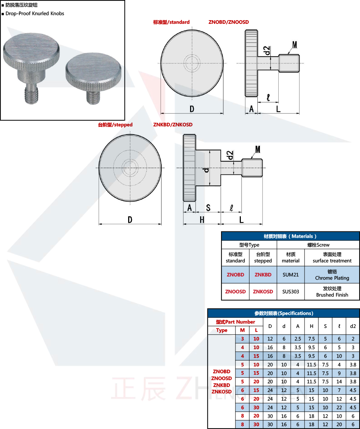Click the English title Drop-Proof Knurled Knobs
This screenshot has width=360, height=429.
pyautogui.click(x=35, y=13)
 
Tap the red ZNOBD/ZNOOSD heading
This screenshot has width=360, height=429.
pyautogui.click(x=229, y=22)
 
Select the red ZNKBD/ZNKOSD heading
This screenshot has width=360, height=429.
pyautogui.click(x=173, y=125)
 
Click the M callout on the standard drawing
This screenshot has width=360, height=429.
pyautogui.click(x=294, y=45)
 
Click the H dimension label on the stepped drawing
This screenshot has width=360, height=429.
pyautogui.click(x=202, y=220)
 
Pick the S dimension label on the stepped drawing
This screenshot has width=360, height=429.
pyautogui.click(x=208, y=208)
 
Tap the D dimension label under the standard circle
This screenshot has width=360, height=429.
pyautogui.click(x=192, y=109)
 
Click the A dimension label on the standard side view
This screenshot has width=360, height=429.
pyautogui.click(x=251, y=109)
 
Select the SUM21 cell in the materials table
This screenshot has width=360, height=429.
pyautogui.click(x=291, y=275)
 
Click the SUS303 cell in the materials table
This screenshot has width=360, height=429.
pyautogui.click(x=291, y=292)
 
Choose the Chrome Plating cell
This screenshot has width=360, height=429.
pyautogui.click(x=332, y=275)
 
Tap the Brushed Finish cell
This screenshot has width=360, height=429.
pyautogui.click(x=332, y=292)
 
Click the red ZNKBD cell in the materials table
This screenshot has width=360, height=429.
pyautogui.click(x=263, y=275)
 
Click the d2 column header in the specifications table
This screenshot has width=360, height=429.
pyautogui.click(x=353, y=326)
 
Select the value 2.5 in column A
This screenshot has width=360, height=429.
pyautogui.click(x=297, y=339)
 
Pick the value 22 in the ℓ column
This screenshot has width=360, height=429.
pyautogui.click(x=339, y=407)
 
